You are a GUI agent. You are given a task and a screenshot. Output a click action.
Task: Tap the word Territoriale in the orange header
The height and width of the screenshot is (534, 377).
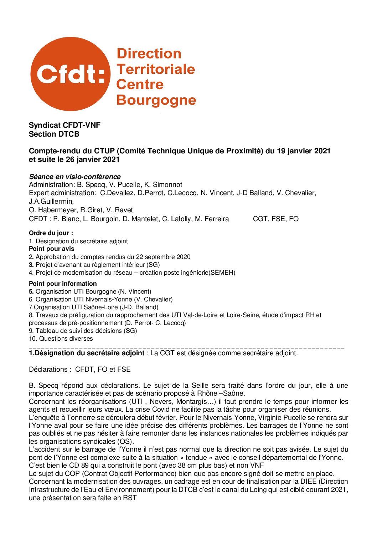click(156, 69)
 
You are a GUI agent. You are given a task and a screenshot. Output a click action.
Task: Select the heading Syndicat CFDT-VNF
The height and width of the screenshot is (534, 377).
click(64, 125)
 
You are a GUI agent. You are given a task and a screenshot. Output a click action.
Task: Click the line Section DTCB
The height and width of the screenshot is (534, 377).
click(54, 134)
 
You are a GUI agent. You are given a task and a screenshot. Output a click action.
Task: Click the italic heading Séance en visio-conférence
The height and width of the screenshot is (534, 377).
click(74, 177)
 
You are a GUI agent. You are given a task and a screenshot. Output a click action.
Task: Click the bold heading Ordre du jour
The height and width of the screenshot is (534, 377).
click(51, 233)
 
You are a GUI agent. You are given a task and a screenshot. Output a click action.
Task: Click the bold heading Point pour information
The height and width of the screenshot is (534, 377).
click(63, 284)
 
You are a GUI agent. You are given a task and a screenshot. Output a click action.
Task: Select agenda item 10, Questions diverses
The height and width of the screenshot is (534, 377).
click(61, 339)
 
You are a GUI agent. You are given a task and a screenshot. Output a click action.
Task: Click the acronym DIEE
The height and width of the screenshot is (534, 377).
click(300, 482)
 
